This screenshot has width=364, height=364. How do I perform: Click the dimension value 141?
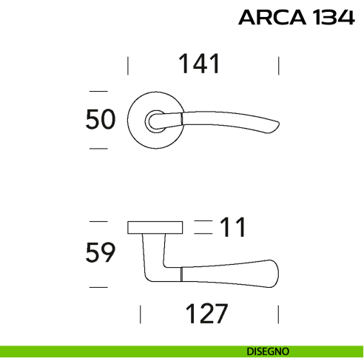(199, 64)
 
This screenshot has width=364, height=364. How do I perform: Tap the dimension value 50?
(101, 119)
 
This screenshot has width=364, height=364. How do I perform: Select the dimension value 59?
(101, 253)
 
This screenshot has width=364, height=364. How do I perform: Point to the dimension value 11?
(232, 228)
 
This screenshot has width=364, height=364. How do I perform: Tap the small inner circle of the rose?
(155, 120)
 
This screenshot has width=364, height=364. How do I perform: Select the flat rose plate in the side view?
(155, 226)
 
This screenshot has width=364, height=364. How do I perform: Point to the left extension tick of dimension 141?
(128, 65)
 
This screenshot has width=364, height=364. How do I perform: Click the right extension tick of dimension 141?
(279, 65)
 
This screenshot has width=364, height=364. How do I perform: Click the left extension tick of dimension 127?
(142, 314)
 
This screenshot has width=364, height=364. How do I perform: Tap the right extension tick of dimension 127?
(278, 314)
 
